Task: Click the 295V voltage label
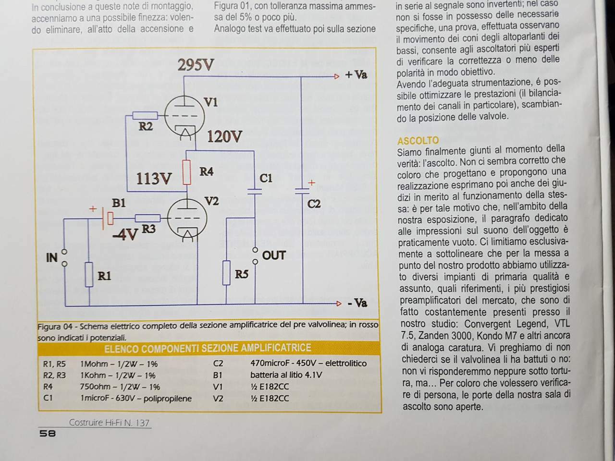pos(196,65)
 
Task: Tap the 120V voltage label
pos(224,137)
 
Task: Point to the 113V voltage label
pos(154,178)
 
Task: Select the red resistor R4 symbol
pos(187,172)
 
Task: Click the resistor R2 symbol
pos(145,115)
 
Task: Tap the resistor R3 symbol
pos(148,218)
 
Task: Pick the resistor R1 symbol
pos(89,275)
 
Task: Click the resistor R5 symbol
pos(226,273)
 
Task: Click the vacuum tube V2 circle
pos(187,219)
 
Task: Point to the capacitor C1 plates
pos(255,192)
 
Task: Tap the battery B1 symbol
pos(108,218)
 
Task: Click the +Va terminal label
pos(356,75)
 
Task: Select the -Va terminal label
pos(357,303)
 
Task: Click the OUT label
pos(274,255)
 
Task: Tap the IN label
pos(52,258)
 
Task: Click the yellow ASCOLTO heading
pos(418,140)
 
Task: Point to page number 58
pos(48,434)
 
